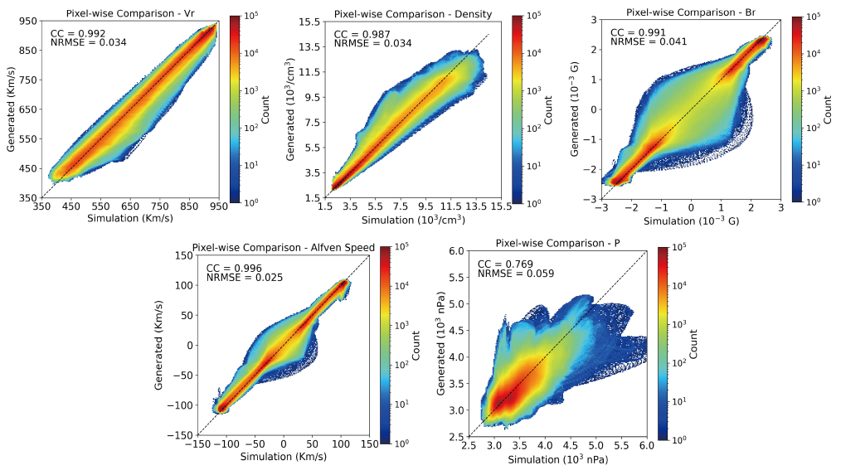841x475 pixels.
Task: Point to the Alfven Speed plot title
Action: pyautogui.click(x=284, y=248)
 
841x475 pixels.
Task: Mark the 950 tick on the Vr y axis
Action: pyautogui.click(x=27, y=21)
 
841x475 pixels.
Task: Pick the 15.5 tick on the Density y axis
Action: pyautogui.click(x=309, y=22)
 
